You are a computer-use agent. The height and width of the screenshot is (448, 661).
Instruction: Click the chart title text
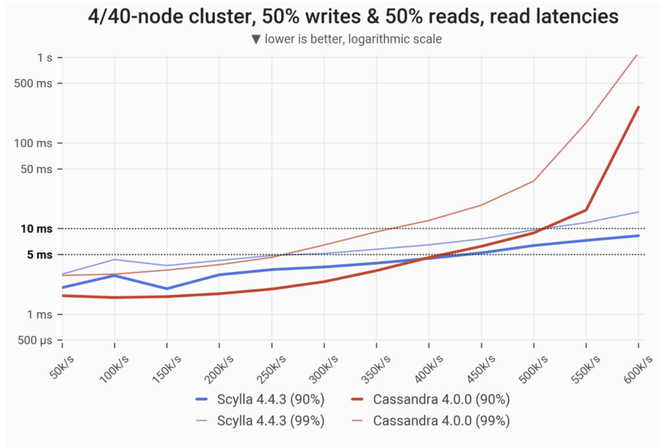point(353,16)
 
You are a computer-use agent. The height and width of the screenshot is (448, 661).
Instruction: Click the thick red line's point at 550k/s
point(586,210)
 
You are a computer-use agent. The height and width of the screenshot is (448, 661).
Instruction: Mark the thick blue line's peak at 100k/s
point(114,275)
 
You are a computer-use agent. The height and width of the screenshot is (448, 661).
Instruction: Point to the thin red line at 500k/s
point(534,180)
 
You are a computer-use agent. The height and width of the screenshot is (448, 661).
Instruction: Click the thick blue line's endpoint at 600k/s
point(638,236)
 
